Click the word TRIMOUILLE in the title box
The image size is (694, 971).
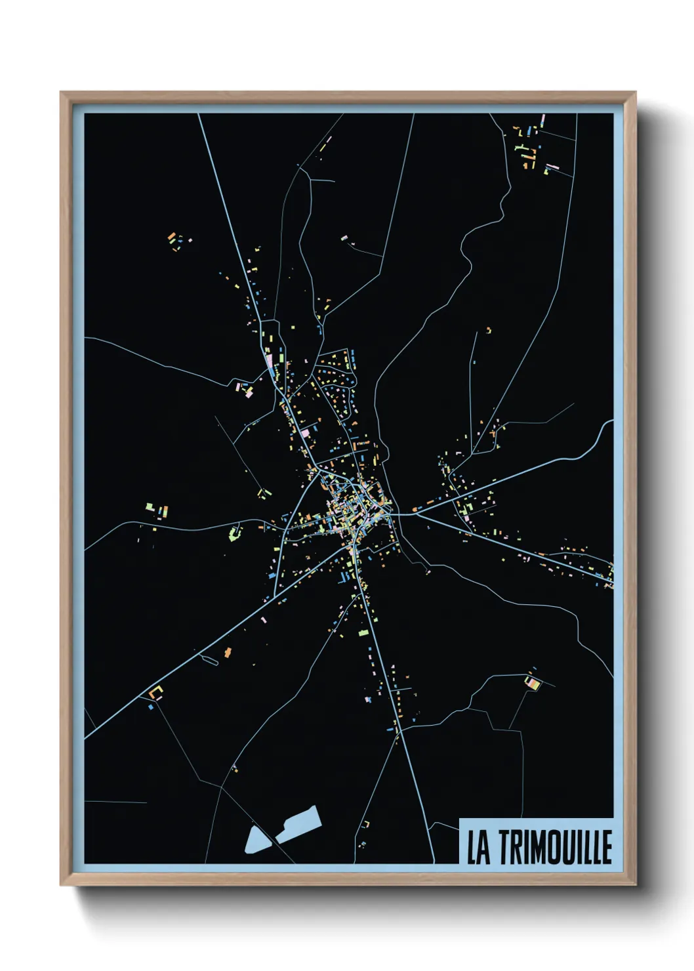pos(556,847)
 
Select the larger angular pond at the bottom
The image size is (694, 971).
pos(298,823)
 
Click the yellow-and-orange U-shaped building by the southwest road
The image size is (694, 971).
pos(155,692)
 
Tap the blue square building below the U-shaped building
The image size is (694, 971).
pos(151,707)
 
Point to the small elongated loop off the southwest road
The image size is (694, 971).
pos(210,659)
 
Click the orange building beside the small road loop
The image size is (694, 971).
pos(228,652)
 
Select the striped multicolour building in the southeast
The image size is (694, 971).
pos(533,684)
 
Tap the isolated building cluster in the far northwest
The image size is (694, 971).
pos(178,240)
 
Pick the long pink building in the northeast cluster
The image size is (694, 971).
pos(552,167)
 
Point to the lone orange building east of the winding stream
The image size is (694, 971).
pos(489,330)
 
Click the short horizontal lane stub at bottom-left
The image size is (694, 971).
pos(115,802)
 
